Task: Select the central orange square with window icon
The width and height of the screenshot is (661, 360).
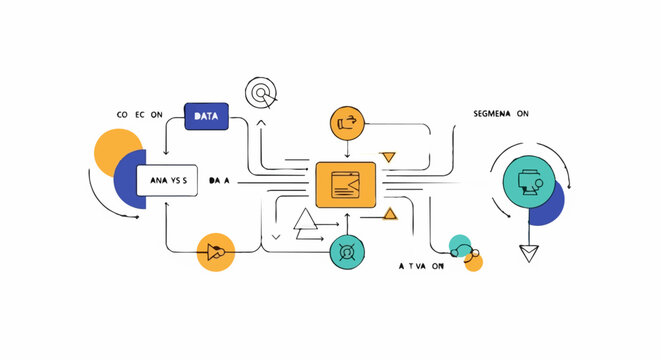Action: pos(345,185)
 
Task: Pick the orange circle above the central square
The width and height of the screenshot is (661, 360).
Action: pos(348,123)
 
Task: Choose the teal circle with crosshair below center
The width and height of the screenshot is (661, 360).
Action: pos(347,251)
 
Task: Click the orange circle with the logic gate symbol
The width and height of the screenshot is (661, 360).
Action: pos(215,251)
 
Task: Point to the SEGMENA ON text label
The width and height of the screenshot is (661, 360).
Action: pos(501,115)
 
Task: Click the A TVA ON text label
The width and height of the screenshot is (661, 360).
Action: pos(420,267)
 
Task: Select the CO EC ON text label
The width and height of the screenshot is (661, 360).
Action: pos(141,115)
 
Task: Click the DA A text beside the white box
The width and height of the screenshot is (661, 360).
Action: pos(219,181)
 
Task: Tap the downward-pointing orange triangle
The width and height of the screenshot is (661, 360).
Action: pos(388,156)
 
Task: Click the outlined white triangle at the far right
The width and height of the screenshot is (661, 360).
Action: pos(529,253)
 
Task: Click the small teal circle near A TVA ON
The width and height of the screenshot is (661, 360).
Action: pos(459,245)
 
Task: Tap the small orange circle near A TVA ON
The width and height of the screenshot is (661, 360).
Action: pos(473,262)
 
